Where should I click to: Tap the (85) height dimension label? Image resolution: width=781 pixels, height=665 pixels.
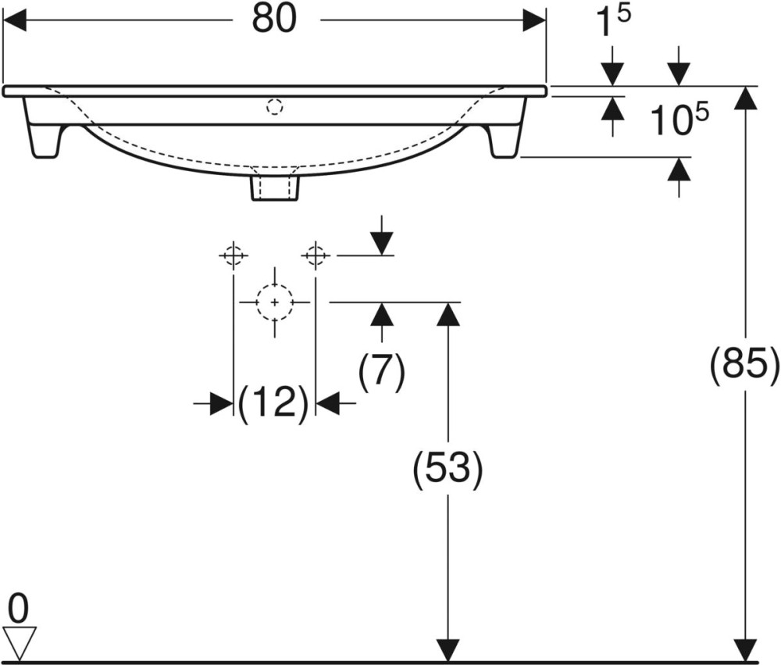744,366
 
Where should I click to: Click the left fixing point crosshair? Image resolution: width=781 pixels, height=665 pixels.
233,256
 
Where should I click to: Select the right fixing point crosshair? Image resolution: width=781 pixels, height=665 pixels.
316,256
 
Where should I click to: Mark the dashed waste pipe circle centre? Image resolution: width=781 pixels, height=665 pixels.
274,302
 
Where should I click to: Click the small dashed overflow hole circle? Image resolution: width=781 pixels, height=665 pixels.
274,107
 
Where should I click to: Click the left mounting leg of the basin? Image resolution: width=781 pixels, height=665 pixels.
44,127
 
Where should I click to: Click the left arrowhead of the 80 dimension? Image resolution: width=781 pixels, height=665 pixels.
14,20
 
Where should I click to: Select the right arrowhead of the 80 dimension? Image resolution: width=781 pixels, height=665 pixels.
534,20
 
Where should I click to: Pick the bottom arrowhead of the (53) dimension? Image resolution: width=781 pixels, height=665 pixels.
448,649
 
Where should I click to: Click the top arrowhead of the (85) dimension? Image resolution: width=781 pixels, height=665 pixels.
746,98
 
